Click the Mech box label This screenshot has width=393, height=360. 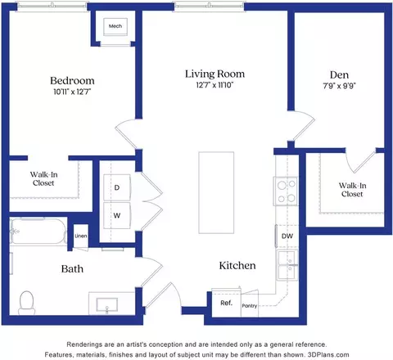pos(115,26)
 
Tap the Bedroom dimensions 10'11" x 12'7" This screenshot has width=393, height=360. pos(72,92)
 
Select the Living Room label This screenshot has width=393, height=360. pos(215,74)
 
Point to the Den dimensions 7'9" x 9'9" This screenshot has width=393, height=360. pos(339,86)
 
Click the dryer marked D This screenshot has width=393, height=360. pos(117,187)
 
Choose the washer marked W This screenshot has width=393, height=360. pos(117,215)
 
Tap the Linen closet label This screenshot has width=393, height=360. pos(81,236)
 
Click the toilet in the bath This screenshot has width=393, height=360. pos(27,303)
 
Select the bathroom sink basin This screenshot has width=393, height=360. pos(107,304)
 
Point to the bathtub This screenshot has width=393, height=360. pos(38,231)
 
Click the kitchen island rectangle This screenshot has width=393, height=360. pos(216,192)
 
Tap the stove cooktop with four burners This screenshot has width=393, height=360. pos(286,191)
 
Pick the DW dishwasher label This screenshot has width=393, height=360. pos(287,236)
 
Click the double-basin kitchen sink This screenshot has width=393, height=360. pos(287,265)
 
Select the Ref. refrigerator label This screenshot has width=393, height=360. pos(226,303)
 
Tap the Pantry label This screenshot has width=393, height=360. pos(250,306)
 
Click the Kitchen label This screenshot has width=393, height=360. pos(237,265)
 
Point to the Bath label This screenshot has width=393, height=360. pos(72,269)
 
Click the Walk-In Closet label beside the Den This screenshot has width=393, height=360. pos(352,190)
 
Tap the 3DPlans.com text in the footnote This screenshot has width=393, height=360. pos(328,355)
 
